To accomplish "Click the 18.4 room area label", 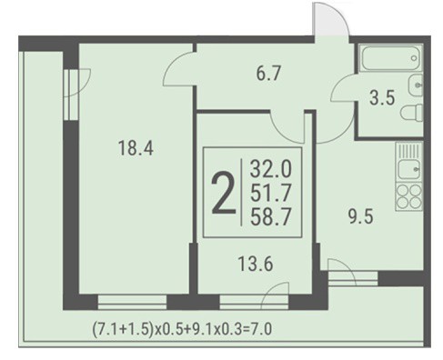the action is (136, 148).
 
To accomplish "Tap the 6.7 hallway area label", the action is (268, 74).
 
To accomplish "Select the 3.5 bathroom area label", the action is (382, 98).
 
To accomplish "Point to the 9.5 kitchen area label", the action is (360, 216).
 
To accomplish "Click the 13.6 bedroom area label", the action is (256, 264).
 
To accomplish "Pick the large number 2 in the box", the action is (224, 193).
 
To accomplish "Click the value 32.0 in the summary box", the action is (270, 169).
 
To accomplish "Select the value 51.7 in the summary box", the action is (270, 193).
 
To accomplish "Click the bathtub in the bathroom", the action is (390, 58).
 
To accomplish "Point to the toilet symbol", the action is (412, 113).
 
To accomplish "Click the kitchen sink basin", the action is (409, 169).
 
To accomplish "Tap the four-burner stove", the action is (409, 196).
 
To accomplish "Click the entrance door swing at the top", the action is (331, 20).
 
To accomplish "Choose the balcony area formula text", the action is (182, 329).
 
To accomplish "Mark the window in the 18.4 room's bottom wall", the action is (132, 302).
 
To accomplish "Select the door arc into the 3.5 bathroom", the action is (344, 88).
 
